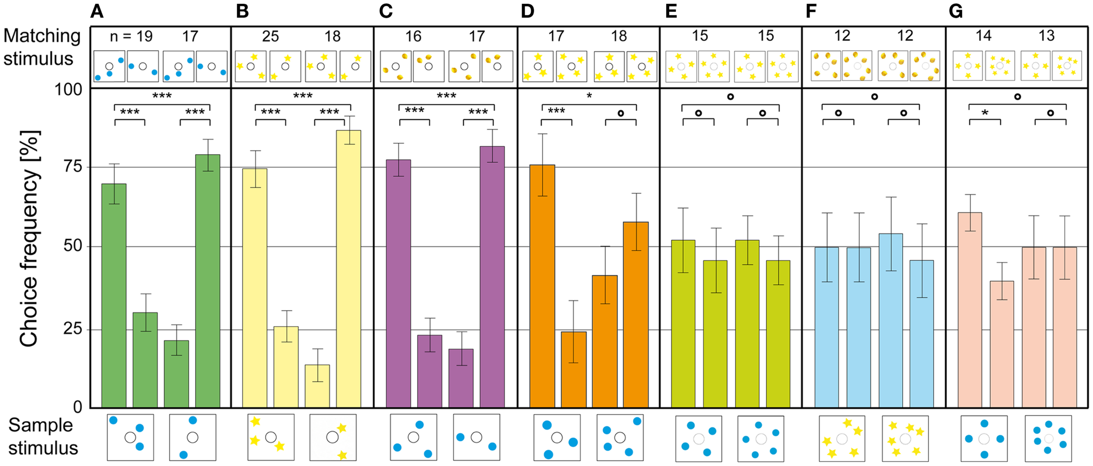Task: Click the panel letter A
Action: point(97,11)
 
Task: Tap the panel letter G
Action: point(956,11)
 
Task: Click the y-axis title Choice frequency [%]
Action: point(30,238)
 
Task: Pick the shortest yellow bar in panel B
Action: point(317,386)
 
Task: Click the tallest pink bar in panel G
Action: point(970,310)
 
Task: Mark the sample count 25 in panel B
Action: point(270,36)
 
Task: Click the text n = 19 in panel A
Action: point(131,36)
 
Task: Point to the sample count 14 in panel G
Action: point(983,36)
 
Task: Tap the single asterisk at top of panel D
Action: point(589,96)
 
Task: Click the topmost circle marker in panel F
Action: point(874,97)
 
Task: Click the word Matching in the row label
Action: point(42,36)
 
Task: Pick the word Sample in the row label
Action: point(41,425)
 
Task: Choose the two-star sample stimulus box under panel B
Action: point(333,437)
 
